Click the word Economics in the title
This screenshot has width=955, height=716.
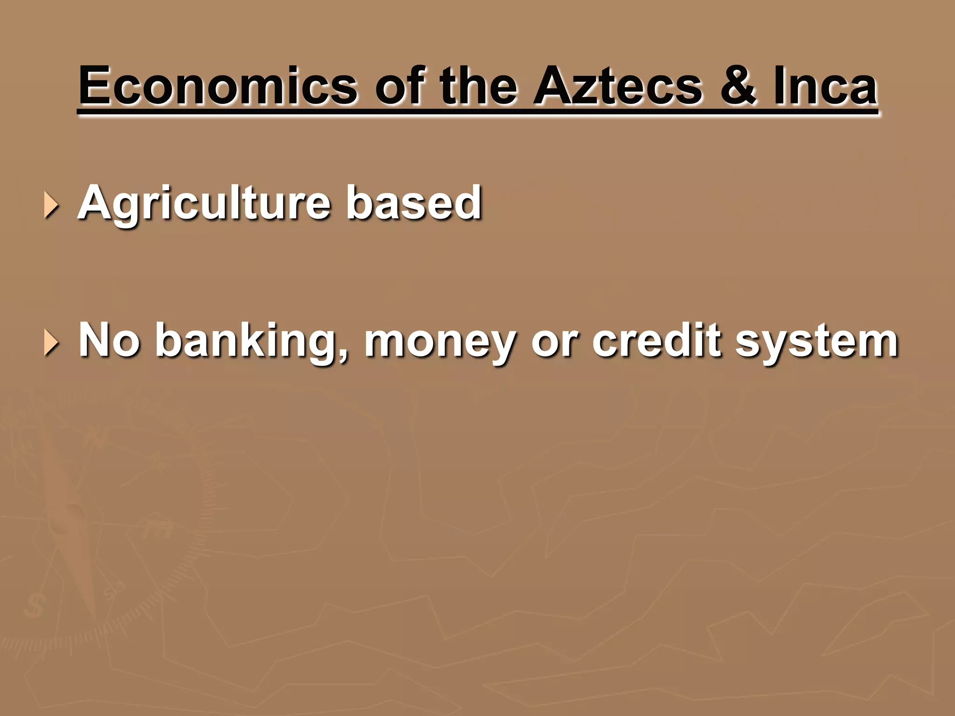[218, 86]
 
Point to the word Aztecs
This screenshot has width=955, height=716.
[617, 86]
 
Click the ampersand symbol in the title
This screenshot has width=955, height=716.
[737, 86]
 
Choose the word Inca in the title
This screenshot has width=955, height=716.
[825, 86]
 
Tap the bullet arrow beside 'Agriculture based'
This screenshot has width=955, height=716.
[51, 206]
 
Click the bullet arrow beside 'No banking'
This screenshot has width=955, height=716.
[51, 344]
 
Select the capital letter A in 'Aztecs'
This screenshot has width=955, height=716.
[552, 86]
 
